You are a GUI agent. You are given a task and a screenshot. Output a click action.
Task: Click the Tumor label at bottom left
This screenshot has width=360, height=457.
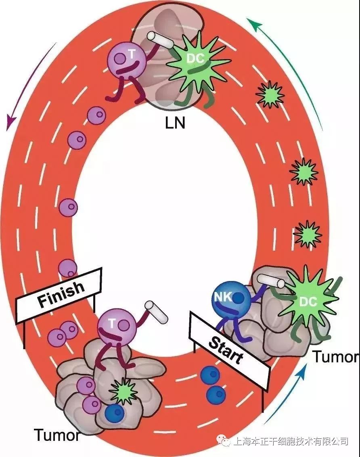57,436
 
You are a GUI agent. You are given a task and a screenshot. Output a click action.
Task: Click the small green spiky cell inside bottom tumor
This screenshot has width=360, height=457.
123,391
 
